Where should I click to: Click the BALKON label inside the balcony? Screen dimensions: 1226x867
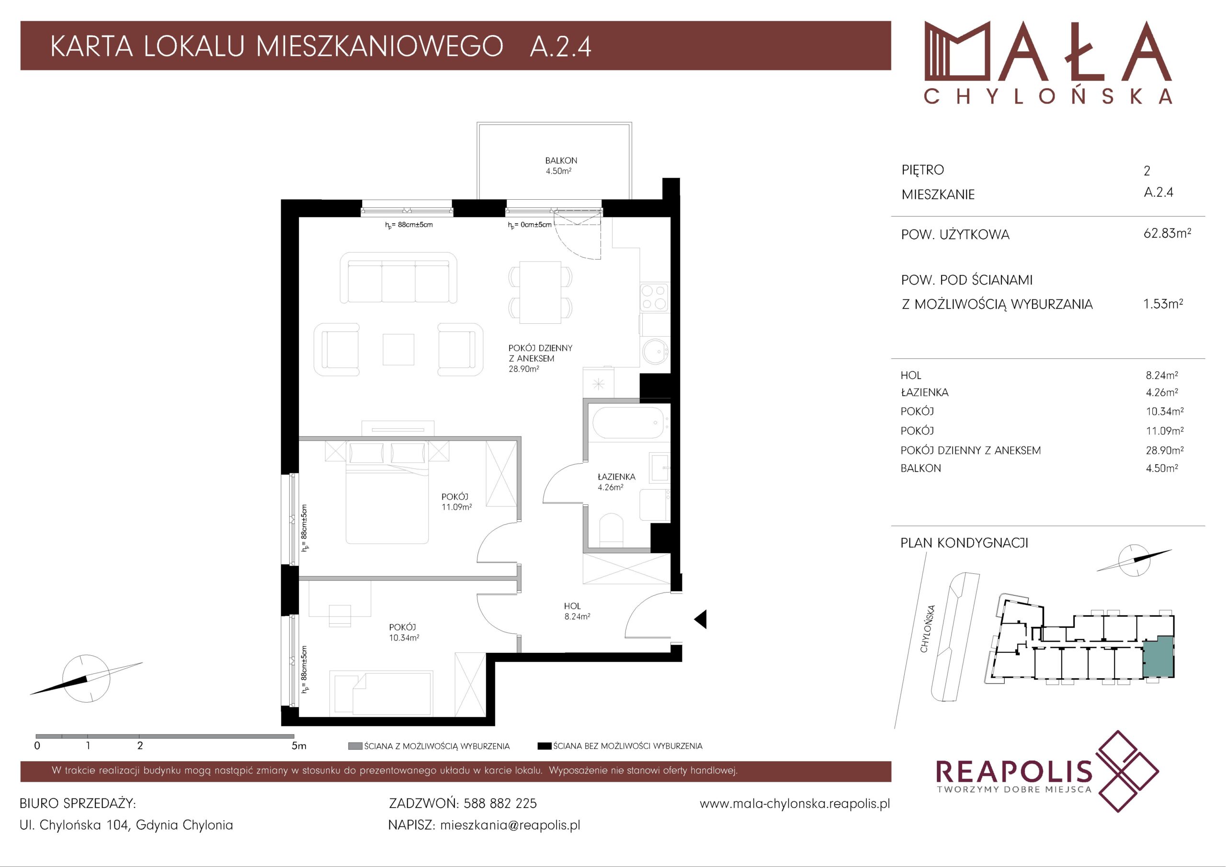point(561,160)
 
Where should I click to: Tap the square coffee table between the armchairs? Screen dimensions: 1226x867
point(398,349)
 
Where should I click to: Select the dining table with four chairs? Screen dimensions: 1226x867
point(540,292)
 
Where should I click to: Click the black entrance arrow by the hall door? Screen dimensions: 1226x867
point(700,620)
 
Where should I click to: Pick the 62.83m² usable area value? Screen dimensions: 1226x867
point(1167,233)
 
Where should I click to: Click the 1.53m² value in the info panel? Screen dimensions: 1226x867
point(1163,304)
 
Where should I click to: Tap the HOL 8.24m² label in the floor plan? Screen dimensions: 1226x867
point(577,611)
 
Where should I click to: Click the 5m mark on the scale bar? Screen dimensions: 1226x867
point(299,746)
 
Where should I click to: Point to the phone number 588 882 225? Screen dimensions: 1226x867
point(500,803)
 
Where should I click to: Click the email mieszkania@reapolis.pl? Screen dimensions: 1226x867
point(510,825)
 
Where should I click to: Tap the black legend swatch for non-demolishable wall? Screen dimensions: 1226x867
point(544,746)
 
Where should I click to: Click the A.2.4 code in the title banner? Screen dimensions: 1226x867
point(560,46)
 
